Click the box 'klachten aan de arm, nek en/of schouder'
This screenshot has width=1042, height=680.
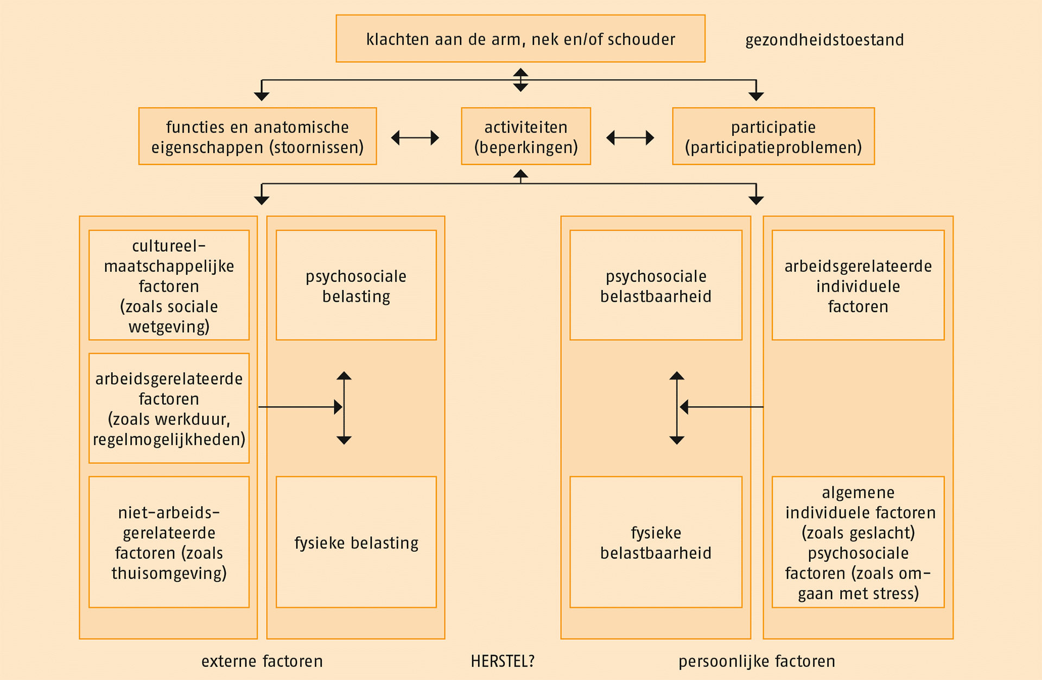[520, 39]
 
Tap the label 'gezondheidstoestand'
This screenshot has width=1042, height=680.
[824, 40]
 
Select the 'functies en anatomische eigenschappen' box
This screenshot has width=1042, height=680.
[257, 136]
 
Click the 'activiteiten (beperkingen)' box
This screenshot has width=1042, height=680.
[525, 136]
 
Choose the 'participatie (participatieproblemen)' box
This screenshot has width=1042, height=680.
[773, 136]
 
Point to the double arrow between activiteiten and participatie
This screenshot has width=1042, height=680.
[630, 138]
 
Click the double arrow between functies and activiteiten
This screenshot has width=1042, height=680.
[415, 138]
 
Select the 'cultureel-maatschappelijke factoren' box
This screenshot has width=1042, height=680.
[169, 285]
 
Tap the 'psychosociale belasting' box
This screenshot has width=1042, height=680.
[356, 285]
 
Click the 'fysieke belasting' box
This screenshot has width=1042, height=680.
[356, 542]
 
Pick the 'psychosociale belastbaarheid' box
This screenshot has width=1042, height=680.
[656, 285]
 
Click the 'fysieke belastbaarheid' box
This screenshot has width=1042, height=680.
[656, 542]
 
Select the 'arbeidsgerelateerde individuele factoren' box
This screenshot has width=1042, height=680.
[858, 285]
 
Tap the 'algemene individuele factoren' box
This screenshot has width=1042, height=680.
[858, 542]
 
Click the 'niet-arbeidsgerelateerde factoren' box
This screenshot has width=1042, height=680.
[169, 542]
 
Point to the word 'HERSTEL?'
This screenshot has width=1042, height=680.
[503, 661]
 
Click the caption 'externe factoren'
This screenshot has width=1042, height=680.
[262, 661]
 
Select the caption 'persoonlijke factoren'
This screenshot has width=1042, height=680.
[757, 661]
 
